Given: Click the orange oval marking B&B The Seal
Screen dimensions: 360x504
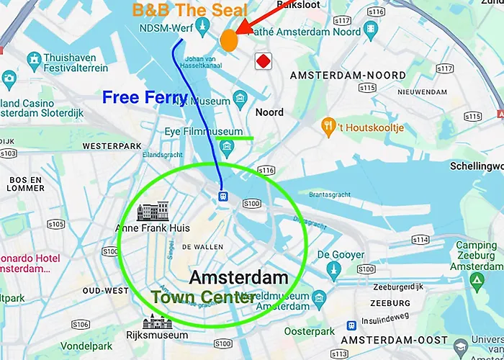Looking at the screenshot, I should (x=229, y=40).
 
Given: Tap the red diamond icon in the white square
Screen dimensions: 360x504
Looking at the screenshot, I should (x=264, y=61).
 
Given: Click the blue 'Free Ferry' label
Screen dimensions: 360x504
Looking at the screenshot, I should (x=145, y=97).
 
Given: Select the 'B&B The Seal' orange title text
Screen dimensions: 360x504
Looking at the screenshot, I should (x=189, y=11).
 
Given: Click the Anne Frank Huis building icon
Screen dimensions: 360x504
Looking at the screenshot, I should (x=153, y=212).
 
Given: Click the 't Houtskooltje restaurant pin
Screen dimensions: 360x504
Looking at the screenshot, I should (x=328, y=125).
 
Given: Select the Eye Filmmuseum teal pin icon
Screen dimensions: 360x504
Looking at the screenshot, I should (x=228, y=148).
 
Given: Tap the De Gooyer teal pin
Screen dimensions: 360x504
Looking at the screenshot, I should (x=332, y=269).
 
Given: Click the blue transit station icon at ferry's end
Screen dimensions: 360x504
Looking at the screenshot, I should (x=224, y=195).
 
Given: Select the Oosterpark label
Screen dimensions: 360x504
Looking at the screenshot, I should (x=310, y=332).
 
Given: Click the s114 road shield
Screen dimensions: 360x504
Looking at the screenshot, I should (x=421, y=239).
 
